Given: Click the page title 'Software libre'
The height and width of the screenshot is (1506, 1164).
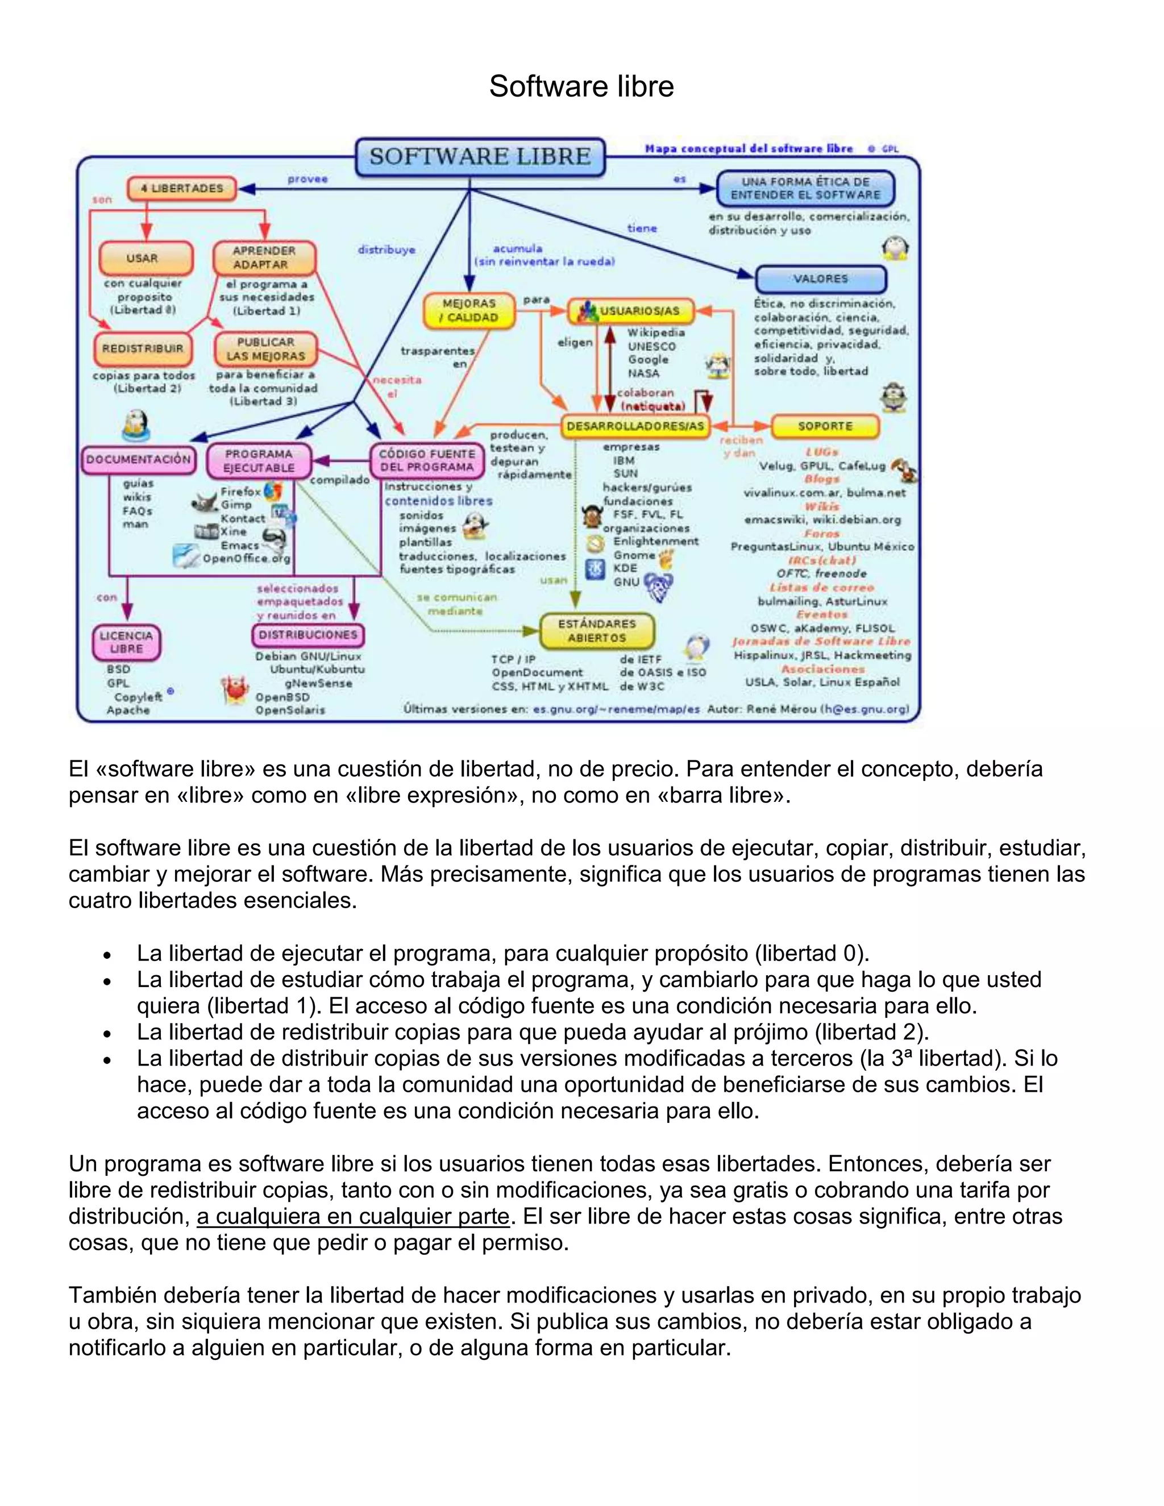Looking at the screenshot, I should point(581,87).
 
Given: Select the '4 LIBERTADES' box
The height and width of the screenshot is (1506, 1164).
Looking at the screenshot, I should point(182,188).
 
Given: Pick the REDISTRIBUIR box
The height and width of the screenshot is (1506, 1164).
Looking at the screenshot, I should point(143,348).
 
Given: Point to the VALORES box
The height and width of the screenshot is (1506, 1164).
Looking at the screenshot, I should point(821,278).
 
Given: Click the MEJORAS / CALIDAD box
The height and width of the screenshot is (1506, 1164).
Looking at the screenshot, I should point(469,310).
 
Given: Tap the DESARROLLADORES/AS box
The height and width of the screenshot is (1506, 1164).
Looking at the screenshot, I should point(635,426).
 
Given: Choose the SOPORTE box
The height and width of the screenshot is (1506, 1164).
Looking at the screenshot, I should point(825,426).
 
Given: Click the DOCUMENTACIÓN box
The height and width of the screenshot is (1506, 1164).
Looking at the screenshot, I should point(138,459).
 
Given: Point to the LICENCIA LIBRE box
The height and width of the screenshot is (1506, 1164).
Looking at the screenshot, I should point(126,642).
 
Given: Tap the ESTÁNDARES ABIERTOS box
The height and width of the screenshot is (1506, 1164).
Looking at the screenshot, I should point(596,631).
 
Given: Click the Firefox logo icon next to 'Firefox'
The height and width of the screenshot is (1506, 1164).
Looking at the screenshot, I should point(274,490).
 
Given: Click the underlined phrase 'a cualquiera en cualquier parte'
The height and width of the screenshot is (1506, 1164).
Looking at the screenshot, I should point(353,1216).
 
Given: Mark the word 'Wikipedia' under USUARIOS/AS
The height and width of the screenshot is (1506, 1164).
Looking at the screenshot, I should point(656,332).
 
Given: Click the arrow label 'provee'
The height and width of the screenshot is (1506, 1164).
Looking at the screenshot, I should point(307,179).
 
